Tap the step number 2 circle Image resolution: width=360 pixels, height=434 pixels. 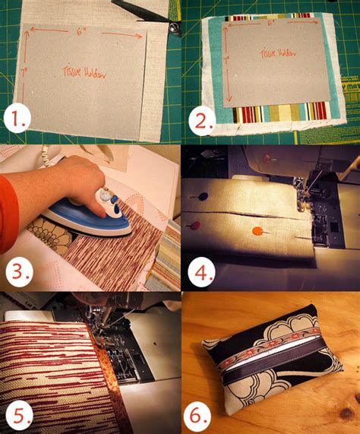point(201,120)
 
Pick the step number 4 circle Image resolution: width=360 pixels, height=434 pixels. point(201,271)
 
